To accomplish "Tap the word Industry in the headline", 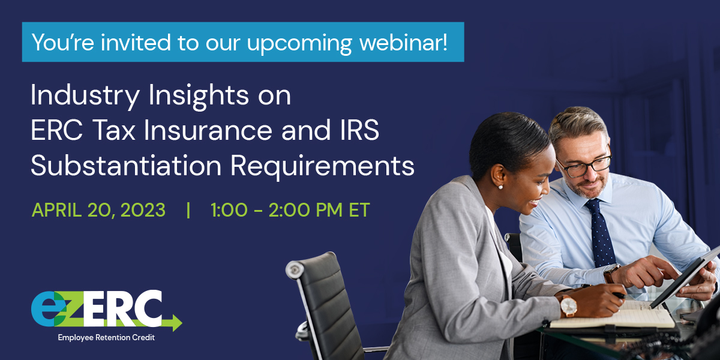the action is click(x=85, y=96).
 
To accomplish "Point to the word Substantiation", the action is click(x=126, y=166).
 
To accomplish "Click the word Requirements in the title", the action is click(x=322, y=167).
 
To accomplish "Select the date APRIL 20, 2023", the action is click(x=98, y=210).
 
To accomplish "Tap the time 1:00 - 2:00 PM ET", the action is click(x=290, y=210).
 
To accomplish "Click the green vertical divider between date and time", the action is click(x=188, y=210).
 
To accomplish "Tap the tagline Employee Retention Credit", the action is click(x=106, y=337).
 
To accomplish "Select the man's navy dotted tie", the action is click(x=600, y=233).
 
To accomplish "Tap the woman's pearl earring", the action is click(x=500, y=187).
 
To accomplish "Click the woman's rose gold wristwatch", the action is click(x=568, y=305).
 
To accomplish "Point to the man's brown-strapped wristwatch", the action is click(x=610, y=273).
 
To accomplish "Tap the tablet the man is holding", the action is click(x=685, y=277).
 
